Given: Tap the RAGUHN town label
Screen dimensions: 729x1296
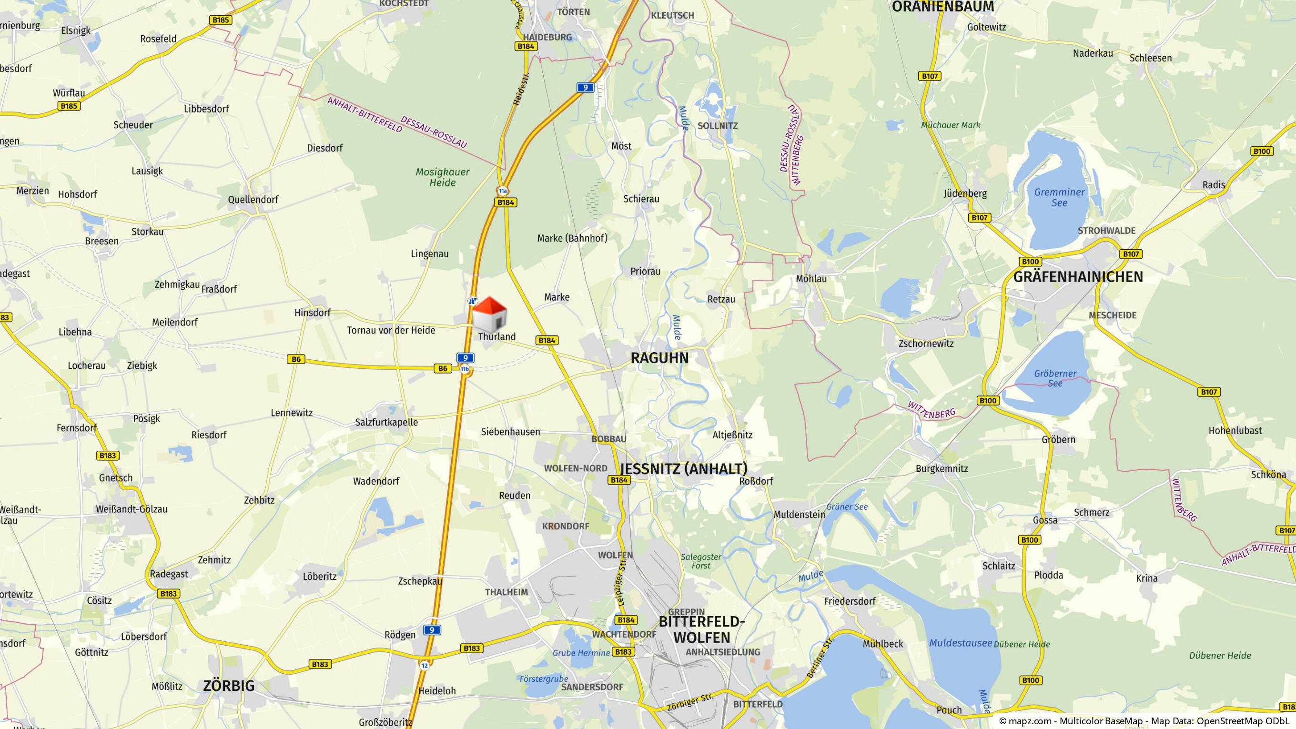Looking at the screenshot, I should (x=659, y=358).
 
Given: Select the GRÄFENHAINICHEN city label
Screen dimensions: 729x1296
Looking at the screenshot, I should (x=1078, y=277).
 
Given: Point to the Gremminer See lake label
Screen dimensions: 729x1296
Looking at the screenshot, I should (x=1059, y=197).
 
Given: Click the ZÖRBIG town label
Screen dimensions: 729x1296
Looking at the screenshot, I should (x=229, y=686).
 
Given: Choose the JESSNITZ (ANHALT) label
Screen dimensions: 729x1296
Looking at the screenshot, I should (x=684, y=468).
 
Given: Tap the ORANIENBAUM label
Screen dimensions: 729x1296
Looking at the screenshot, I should (x=943, y=7).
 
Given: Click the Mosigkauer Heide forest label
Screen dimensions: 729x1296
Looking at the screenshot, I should (x=442, y=177).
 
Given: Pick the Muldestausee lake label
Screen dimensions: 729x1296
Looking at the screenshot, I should (x=960, y=642).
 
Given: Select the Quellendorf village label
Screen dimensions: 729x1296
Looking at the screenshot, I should (x=253, y=199).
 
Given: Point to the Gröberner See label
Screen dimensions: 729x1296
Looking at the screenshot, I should (x=1055, y=378).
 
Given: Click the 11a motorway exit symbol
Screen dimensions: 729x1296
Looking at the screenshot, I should (x=503, y=191).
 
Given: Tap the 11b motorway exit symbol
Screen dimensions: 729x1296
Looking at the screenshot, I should (x=465, y=369).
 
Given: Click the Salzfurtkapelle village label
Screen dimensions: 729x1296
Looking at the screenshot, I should (x=386, y=422).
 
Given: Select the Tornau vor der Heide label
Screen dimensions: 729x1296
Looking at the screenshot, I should (x=391, y=330).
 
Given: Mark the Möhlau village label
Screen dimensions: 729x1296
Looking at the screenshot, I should (x=811, y=278).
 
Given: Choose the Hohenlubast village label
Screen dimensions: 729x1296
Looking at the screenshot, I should (x=1235, y=430).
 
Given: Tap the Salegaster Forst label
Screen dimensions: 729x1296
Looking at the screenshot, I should (x=701, y=561).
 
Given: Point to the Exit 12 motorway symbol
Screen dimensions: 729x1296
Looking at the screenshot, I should (x=425, y=666).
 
